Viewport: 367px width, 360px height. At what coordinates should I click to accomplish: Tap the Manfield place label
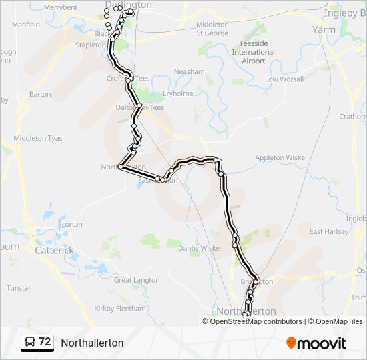click(x=26, y=25)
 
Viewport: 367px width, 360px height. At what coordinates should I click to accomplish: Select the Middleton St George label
click(x=212, y=29)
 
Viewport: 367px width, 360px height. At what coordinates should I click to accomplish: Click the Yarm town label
click(x=324, y=29)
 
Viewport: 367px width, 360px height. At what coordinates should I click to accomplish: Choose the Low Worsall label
click(x=284, y=79)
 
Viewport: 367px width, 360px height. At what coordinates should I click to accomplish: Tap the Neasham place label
click(x=189, y=72)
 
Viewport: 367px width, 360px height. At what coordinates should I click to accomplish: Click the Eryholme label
click(x=177, y=94)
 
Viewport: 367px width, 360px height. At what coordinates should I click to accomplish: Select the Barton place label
click(x=40, y=95)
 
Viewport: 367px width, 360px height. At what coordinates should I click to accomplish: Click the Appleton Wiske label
click(x=280, y=158)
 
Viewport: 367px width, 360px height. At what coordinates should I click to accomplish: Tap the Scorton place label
click(x=70, y=225)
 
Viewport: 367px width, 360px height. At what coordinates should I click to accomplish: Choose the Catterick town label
click(x=55, y=251)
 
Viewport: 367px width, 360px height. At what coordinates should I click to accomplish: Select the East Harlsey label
click(x=329, y=232)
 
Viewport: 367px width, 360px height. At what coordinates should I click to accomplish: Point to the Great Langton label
click(x=137, y=280)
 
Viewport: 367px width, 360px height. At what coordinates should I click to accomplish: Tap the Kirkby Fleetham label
click(x=120, y=309)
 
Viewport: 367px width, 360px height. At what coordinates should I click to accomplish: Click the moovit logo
click(x=316, y=343)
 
